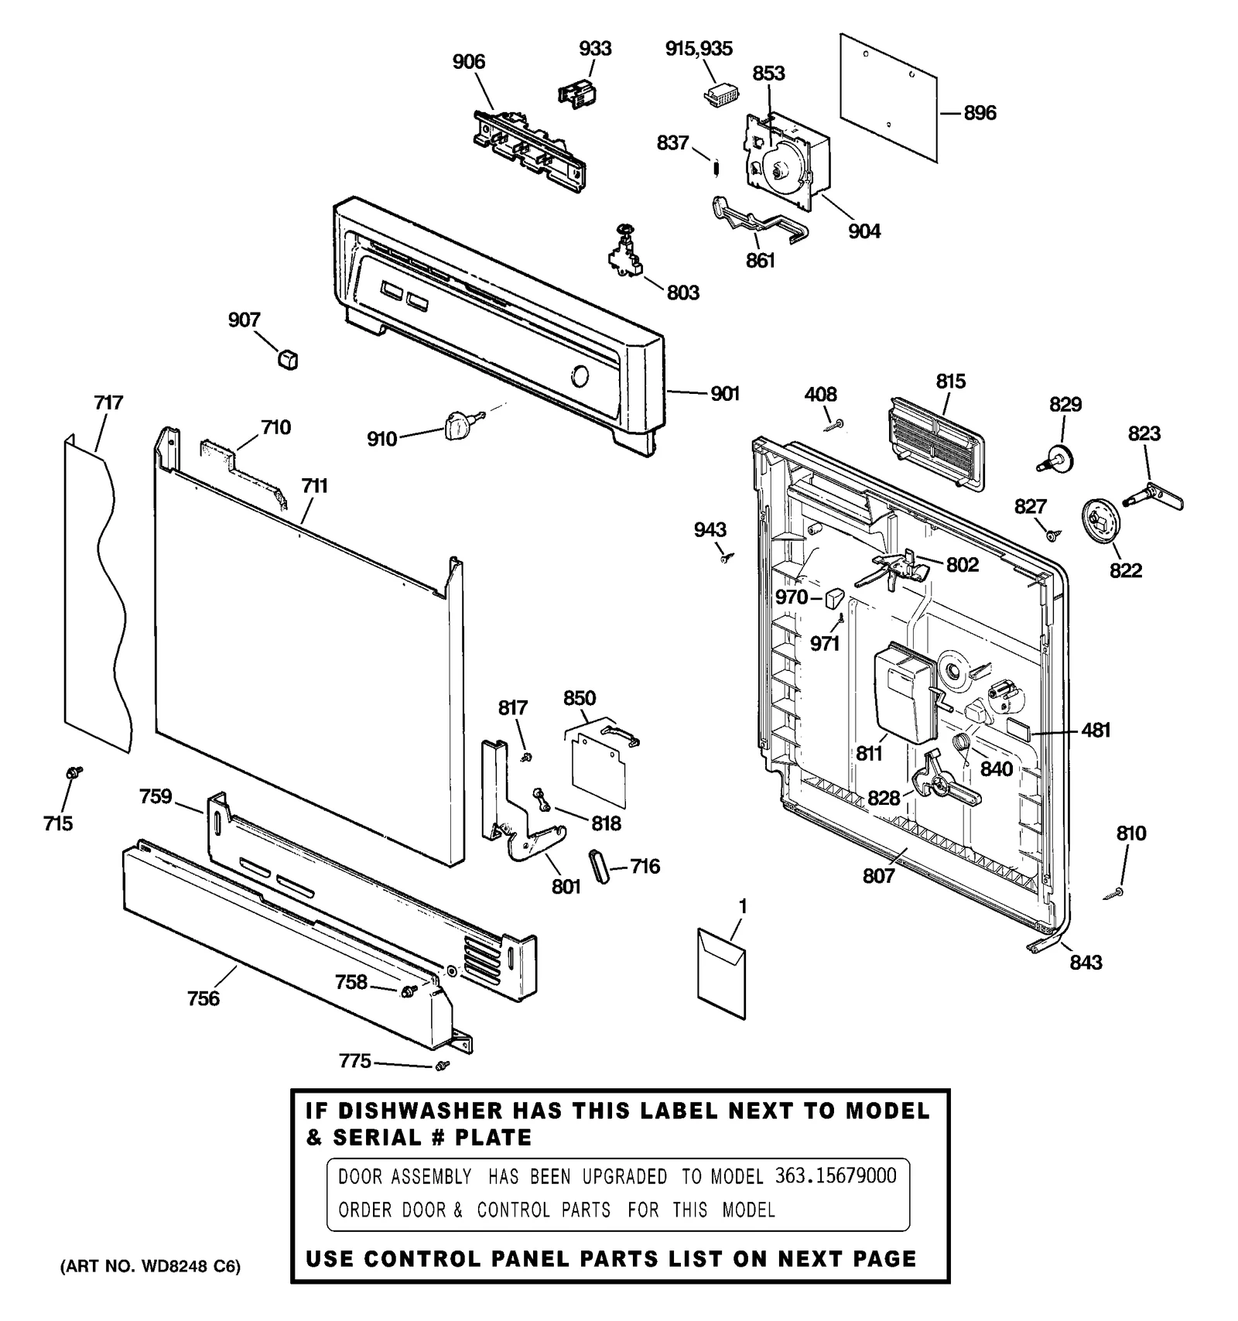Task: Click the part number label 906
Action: pos(468,62)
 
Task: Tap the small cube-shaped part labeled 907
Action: pos(288,359)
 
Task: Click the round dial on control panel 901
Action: pos(579,377)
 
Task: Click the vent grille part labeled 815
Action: pos(935,444)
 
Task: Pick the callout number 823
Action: pos(1144,433)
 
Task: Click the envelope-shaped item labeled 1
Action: pos(721,970)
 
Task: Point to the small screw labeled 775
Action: pos(443,1066)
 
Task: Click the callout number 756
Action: pos(203,999)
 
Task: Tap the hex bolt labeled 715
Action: pos(74,772)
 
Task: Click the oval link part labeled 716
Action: pos(599,864)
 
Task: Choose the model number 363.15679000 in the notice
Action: pos(835,1176)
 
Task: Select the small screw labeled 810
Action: pos(1115,893)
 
